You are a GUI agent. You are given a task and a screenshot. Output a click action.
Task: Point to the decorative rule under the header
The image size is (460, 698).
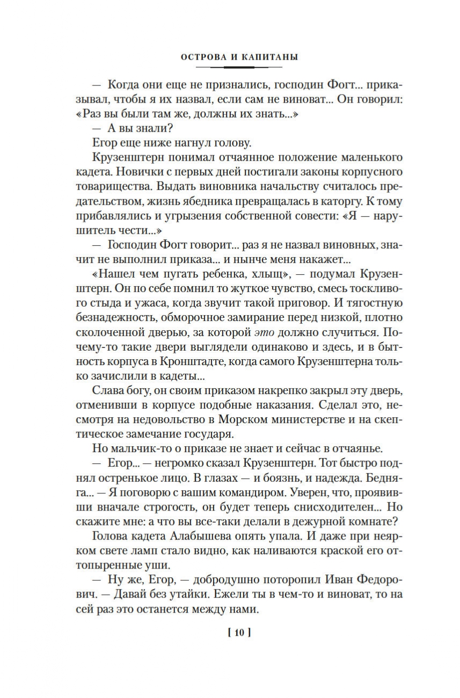239,67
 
